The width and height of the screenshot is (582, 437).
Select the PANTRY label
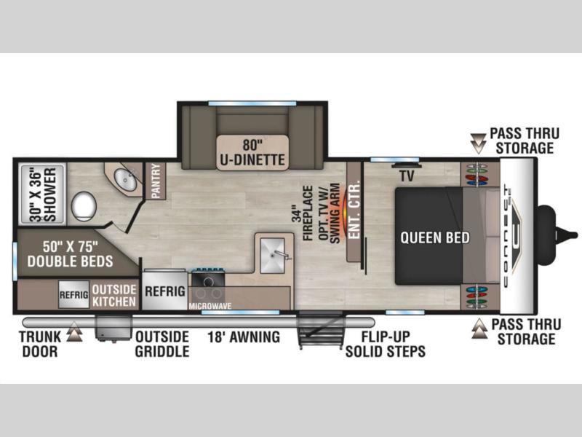coord(156,181)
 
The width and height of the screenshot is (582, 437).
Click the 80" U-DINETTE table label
coord(252,152)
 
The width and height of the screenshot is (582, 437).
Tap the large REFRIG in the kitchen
coord(165,291)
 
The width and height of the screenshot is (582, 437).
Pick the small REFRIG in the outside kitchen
coord(74,295)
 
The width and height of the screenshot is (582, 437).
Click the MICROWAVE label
coord(210,306)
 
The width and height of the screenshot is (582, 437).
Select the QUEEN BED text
coord(435,238)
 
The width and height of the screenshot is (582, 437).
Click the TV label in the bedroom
coord(407,176)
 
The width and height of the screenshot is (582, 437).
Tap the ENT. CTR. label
coord(355,210)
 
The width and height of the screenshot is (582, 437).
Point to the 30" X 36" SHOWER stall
coord(43,194)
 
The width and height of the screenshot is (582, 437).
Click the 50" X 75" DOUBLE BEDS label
coord(70,254)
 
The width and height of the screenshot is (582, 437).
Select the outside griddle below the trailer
coord(113,328)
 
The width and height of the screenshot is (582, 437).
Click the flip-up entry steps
coord(321,330)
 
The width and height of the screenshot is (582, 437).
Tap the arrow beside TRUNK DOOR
coord(74,331)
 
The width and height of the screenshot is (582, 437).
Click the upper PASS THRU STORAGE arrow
coord(478,143)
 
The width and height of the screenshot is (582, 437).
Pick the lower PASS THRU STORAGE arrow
coord(479,328)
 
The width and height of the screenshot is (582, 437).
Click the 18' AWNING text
coord(244,337)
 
